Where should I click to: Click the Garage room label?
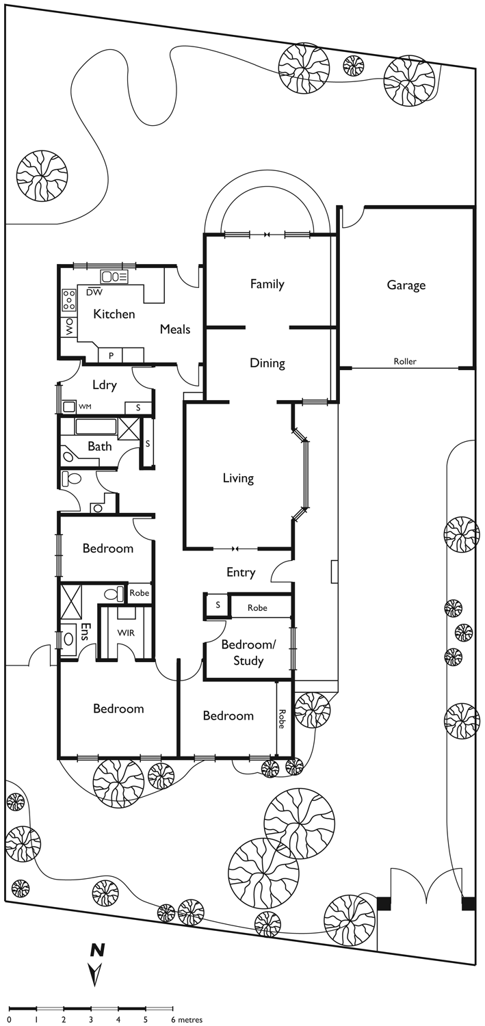pyautogui.click(x=406, y=285)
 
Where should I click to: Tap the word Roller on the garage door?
pyautogui.click(x=405, y=361)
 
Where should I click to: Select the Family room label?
pyautogui.click(x=267, y=285)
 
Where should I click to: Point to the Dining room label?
pyautogui.click(x=267, y=363)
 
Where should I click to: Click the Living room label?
pyautogui.click(x=238, y=478)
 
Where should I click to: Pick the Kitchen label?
pyautogui.click(x=114, y=314)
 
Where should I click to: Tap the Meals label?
pyautogui.click(x=175, y=329)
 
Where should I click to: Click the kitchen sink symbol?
pyautogui.click(x=115, y=276)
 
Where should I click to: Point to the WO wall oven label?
pyautogui.click(x=70, y=328)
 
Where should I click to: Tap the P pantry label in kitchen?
pyautogui.click(x=111, y=356)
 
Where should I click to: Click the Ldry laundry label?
pyautogui.click(x=105, y=384)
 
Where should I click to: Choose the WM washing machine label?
pyautogui.click(x=85, y=406)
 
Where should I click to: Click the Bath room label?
pyautogui.click(x=99, y=446)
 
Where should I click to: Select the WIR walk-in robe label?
pyautogui.click(x=126, y=633)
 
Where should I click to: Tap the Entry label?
pyautogui.click(x=241, y=573)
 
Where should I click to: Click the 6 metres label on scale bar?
pyautogui.click(x=187, y=1020)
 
